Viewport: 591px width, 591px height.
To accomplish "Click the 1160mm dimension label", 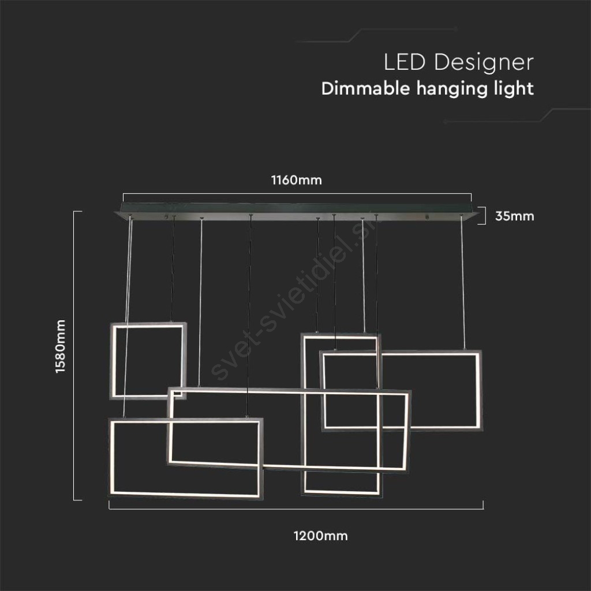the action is click(296, 180).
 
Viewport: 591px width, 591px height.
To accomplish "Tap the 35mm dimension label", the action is click(514, 216).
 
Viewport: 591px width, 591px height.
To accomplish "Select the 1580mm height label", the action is click(60, 346).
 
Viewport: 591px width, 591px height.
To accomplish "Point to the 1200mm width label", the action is click(320, 536).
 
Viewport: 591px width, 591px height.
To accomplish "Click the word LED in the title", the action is click(405, 62).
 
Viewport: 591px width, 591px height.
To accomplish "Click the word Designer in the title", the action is click(484, 62).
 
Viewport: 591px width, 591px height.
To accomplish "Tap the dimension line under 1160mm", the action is click(297, 194).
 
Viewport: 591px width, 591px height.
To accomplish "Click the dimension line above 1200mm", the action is click(296, 509).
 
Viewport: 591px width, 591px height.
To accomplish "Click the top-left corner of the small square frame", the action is click(111, 323).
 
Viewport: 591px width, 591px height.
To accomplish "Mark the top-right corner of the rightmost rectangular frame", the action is click(481, 351).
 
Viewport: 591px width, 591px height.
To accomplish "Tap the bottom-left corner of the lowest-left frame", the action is click(109, 497).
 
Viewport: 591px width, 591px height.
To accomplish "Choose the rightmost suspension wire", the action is click(462, 283).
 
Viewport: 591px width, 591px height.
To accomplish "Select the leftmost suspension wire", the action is click(128, 317).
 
